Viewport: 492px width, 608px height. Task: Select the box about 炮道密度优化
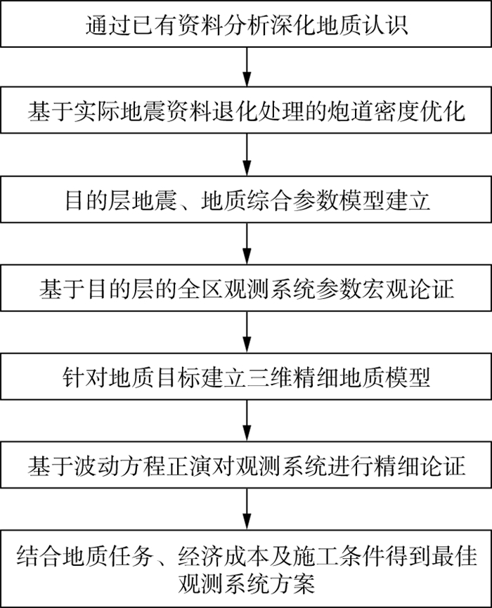pyautogui.click(x=246, y=110)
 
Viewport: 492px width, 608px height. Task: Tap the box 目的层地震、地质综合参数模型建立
pyautogui.click(x=246, y=200)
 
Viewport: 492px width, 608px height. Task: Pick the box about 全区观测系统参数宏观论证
pyautogui.click(x=246, y=289)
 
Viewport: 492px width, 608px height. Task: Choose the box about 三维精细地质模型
pyautogui.click(x=246, y=377)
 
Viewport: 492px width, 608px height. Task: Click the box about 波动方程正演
pyautogui.click(x=246, y=465)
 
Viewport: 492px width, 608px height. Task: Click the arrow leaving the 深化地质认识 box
pyautogui.click(x=246, y=68)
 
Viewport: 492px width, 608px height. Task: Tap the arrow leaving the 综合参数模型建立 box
pyautogui.click(x=246, y=245)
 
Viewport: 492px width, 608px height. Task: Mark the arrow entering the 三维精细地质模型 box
pyautogui.click(x=246, y=333)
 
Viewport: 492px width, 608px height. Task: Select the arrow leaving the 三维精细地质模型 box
pyautogui.click(x=246, y=422)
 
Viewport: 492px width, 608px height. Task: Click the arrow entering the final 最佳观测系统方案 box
pyautogui.click(x=246, y=512)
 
